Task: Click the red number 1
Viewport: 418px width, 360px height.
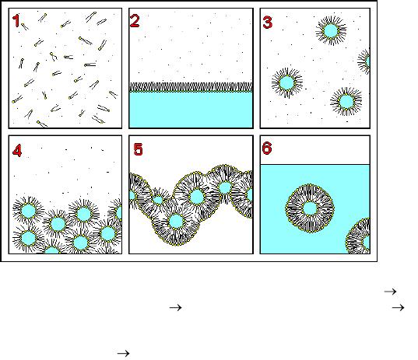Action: [x=16, y=20]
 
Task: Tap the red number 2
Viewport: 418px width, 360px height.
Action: [x=135, y=21]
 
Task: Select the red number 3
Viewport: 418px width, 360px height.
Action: [x=268, y=22]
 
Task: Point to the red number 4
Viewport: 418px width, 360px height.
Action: [x=17, y=151]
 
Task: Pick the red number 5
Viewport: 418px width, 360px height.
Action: [x=138, y=149]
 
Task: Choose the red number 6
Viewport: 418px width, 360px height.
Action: [x=267, y=148]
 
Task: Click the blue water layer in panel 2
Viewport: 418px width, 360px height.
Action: [x=191, y=110]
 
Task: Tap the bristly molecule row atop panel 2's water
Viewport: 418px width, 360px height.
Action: [x=191, y=87]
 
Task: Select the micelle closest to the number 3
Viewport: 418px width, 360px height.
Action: [x=331, y=30]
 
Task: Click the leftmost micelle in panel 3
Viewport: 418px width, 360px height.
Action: [x=287, y=82]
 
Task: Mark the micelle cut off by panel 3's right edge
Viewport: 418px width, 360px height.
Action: [x=364, y=61]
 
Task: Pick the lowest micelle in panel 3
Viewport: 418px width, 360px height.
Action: [x=346, y=101]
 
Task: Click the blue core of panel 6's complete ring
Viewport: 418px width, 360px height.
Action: [x=310, y=208]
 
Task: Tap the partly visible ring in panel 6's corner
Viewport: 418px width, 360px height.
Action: [x=358, y=237]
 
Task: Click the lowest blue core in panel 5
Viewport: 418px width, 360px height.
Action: [x=176, y=221]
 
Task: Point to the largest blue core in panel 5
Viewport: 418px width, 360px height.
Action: [x=197, y=197]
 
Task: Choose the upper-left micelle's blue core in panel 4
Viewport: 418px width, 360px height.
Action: [x=28, y=211]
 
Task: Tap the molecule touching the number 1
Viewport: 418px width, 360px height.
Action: [x=25, y=26]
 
